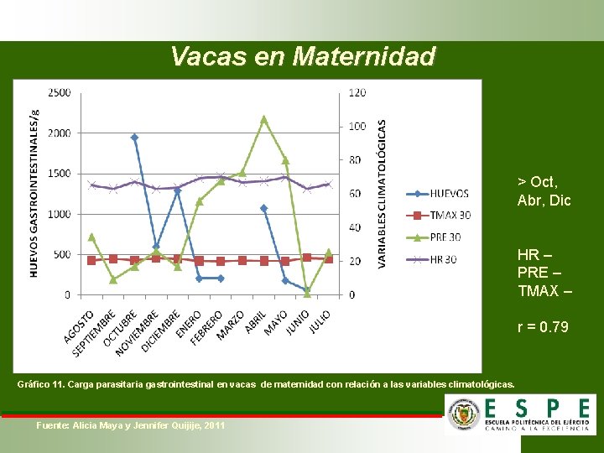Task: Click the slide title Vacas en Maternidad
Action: pos(303,56)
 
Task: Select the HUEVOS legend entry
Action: pos(449,193)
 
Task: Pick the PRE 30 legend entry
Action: pos(445,237)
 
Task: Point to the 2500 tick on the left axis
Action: pos(59,91)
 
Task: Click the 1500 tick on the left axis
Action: pos(59,173)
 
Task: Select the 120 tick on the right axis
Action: pos(357,92)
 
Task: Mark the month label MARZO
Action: pos(232,325)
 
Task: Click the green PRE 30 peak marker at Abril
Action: pos(263,119)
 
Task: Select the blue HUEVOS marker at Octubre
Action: pos(134,137)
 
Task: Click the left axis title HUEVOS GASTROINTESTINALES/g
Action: pos(34,193)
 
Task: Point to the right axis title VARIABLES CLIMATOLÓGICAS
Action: pos(383,193)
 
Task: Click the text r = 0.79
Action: pos(543,326)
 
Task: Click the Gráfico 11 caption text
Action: pos(266,384)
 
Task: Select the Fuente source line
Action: pos(131,426)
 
